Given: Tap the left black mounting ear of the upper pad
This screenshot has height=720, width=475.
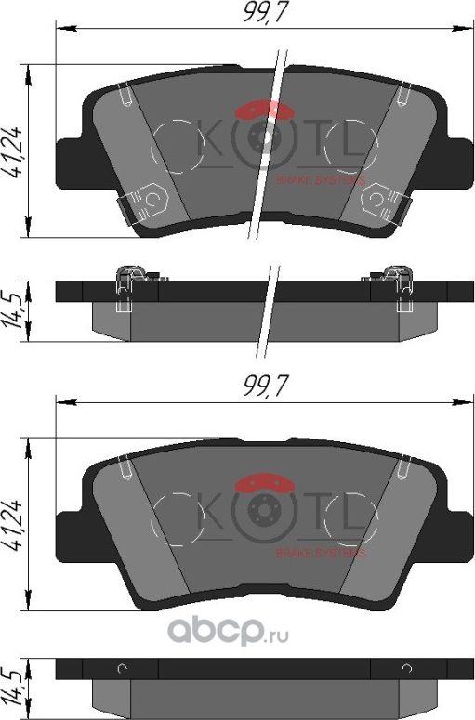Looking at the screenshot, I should (x=71, y=158).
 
